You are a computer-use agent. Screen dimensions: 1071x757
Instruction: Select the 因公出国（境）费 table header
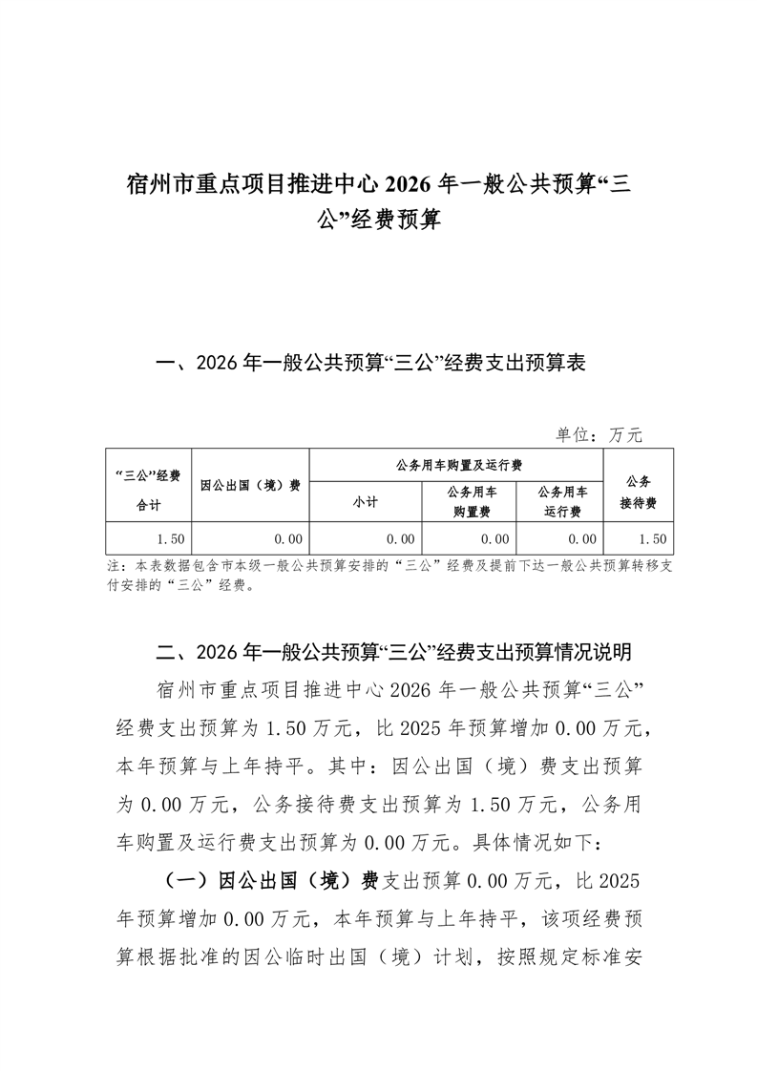pyautogui.click(x=250, y=485)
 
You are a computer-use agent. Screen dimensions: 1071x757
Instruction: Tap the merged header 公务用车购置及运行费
pyautogui.click(x=457, y=465)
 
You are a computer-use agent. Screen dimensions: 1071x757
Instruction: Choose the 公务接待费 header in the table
pyautogui.click(x=638, y=486)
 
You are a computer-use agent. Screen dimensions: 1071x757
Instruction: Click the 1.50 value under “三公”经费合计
pyautogui.click(x=171, y=540)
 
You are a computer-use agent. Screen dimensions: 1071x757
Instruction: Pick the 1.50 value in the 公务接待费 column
pyautogui.click(x=653, y=540)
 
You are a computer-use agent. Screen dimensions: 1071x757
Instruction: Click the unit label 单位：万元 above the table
pyautogui.click(x=599, y=434)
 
